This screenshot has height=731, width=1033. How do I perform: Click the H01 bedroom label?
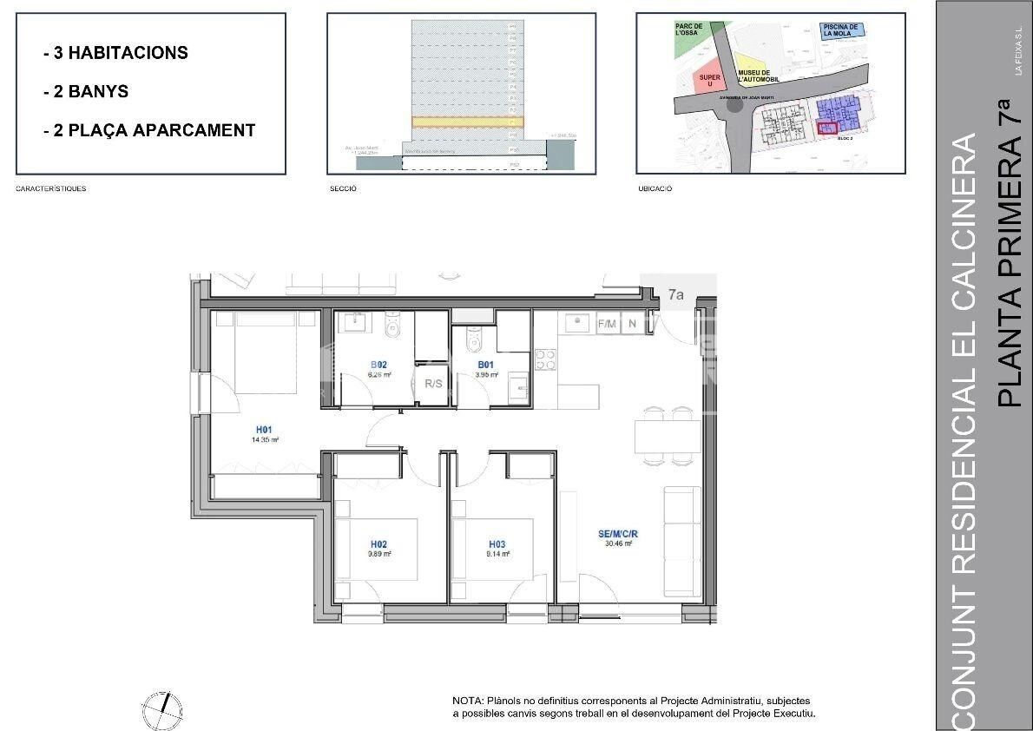(x=265, y=429)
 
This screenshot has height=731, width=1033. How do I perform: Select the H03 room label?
(x=497, y=545)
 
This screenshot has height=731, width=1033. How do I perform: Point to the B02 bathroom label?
(x=378, y=365)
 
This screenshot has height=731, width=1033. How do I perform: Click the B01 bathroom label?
(x=486, y=365)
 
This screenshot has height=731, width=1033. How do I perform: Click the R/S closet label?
(x=432, y=382)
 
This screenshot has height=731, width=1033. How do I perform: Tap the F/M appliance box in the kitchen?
(x=607, y=324)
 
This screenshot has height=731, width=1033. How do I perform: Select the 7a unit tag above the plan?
(x=676, y=294)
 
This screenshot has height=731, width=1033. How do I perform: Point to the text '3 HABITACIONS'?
(x=121, y=53)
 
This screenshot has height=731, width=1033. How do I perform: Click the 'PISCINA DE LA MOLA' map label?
(x=840, y=32)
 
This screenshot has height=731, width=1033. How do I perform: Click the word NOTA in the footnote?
(x=467, y=701)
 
